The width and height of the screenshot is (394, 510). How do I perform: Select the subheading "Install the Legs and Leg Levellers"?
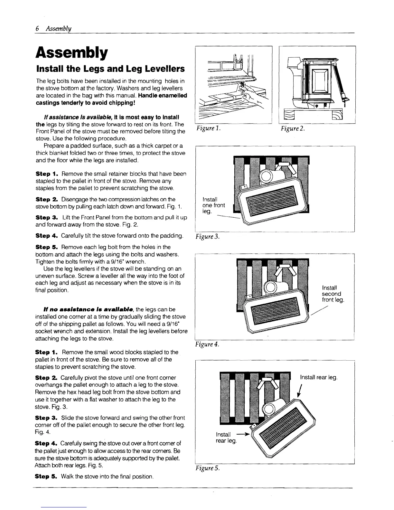coord(111,69)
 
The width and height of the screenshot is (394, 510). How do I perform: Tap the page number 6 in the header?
coord(37,28)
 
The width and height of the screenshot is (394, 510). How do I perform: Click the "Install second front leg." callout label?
coord(333,294)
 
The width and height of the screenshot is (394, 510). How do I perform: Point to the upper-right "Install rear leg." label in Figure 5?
coord(318,377)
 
